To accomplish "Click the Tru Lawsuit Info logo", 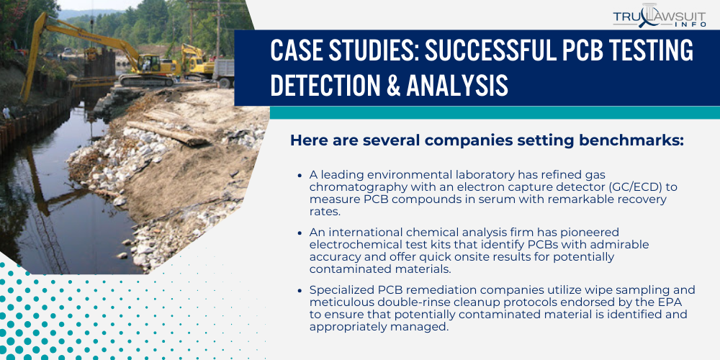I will click(x=659, y=17).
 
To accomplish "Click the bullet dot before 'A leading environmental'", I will click(x=300, y=175).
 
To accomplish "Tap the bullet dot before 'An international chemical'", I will click(x=300, y=233).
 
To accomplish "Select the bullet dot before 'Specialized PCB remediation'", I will click(x=300, y=290).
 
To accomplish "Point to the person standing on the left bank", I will click(x=6, y=112).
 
